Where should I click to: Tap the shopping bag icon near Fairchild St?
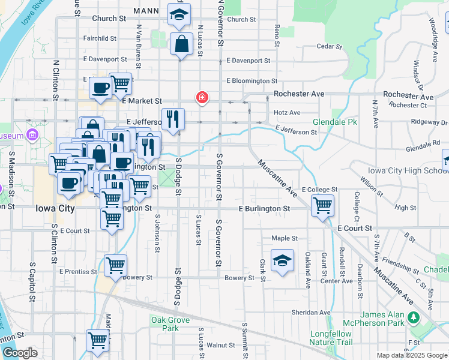point(181,44)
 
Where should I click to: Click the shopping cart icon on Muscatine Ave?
point(323,205)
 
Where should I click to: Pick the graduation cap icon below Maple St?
point(282,261)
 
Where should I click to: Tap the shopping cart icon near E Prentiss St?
point(115,265)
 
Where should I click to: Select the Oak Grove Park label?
point(171,324)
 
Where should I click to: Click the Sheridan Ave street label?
point(311,313)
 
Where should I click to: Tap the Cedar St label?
point(328,46)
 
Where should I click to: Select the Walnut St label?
point(221,345)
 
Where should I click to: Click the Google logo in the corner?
point(20,353)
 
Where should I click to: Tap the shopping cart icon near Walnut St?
point(97,340)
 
